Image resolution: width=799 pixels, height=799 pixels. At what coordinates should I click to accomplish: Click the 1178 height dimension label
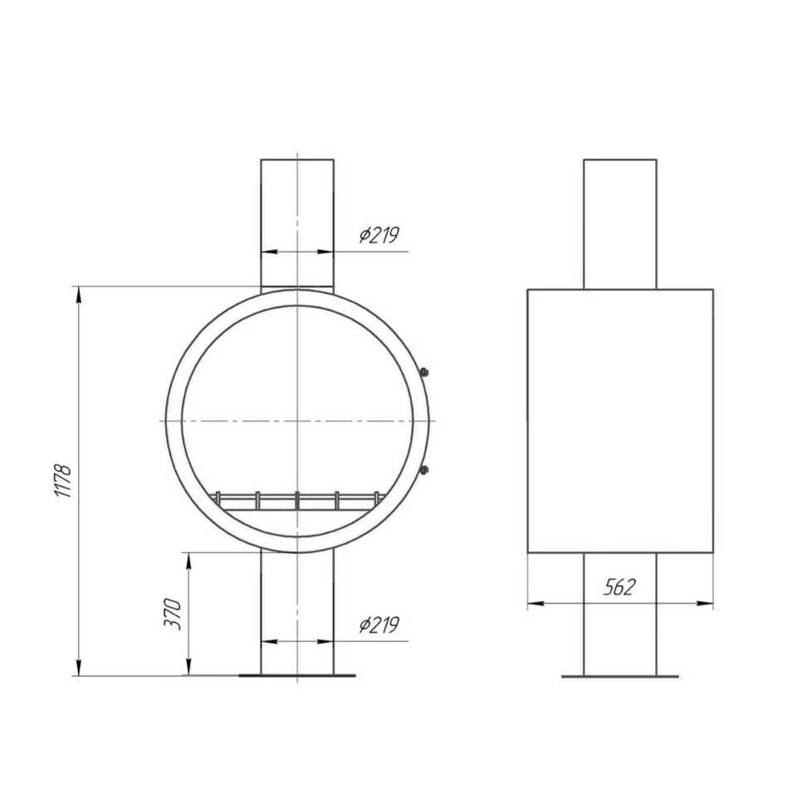point(64,481)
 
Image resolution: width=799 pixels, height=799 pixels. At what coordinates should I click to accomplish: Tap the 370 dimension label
point(173,615)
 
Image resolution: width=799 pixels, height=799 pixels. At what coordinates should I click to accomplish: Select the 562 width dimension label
point(620,587)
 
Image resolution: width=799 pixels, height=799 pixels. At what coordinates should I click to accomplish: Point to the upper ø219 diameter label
point(379,235)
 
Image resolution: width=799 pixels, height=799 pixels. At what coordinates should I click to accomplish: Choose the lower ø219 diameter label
point(379,625)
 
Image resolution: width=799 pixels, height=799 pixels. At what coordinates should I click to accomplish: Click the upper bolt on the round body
point(424,372)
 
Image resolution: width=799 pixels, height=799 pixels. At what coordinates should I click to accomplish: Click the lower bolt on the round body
point(424,469)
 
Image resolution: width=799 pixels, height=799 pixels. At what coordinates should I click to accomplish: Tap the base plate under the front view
point(297,676)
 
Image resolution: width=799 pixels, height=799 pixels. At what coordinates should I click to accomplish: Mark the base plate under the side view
point(620,676)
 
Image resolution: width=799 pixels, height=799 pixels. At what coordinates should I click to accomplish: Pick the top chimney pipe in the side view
point(620,224)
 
